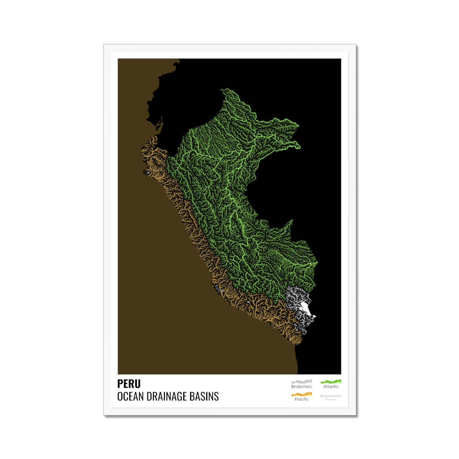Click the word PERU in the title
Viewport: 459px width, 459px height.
129,384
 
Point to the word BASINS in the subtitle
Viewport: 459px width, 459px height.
206,397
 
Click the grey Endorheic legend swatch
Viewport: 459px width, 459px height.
301,381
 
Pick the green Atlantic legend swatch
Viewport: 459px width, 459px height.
331,381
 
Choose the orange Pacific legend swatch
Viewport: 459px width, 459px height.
301,394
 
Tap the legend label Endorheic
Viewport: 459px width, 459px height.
301,387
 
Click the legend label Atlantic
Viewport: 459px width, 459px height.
331,387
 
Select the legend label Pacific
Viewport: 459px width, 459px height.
301,399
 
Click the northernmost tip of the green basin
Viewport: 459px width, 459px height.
222,90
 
